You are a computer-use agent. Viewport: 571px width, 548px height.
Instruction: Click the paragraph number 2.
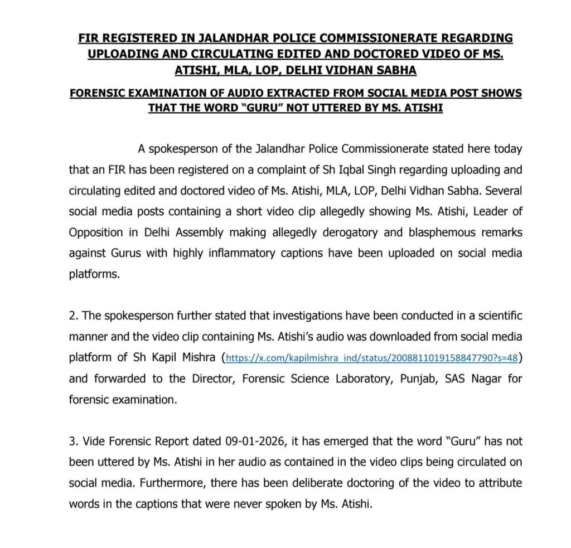click(72, 316)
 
